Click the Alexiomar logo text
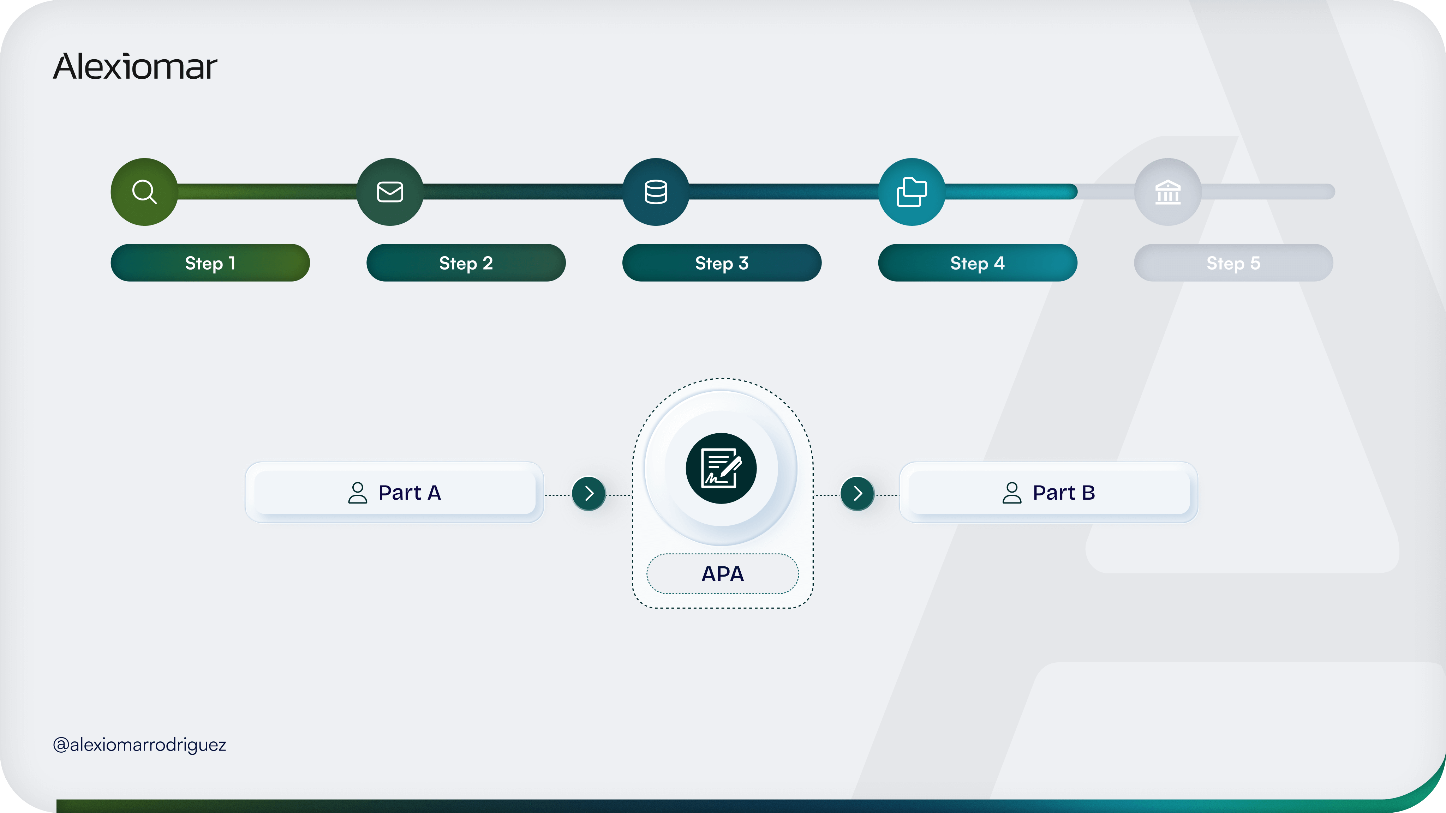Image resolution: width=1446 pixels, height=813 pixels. (135, 67)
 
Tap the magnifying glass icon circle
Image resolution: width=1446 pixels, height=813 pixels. (144, 192)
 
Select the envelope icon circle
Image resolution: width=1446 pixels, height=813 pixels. (390, 192)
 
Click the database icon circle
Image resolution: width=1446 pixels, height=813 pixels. (656, 192)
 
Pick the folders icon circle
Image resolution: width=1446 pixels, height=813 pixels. (912, 192)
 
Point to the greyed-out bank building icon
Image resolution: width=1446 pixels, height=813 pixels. (1167, 192)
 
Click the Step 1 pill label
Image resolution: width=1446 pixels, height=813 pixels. (210, 263)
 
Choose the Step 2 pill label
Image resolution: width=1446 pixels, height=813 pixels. (466, 263)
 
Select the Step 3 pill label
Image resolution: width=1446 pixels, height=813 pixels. (722, 263)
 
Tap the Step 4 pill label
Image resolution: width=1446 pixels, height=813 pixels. (977, 263)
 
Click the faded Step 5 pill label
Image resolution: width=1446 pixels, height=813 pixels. (1233, 263)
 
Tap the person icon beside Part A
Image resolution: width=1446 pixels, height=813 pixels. (358, 493)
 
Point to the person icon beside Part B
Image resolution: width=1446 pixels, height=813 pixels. (1011, 493)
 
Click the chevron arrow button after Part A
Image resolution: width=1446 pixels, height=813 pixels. (589, 494)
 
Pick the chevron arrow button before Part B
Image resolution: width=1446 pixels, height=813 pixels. (857, 494)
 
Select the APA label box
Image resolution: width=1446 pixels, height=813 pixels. (722, 573)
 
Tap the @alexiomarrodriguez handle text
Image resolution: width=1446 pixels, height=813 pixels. (139, 745)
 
